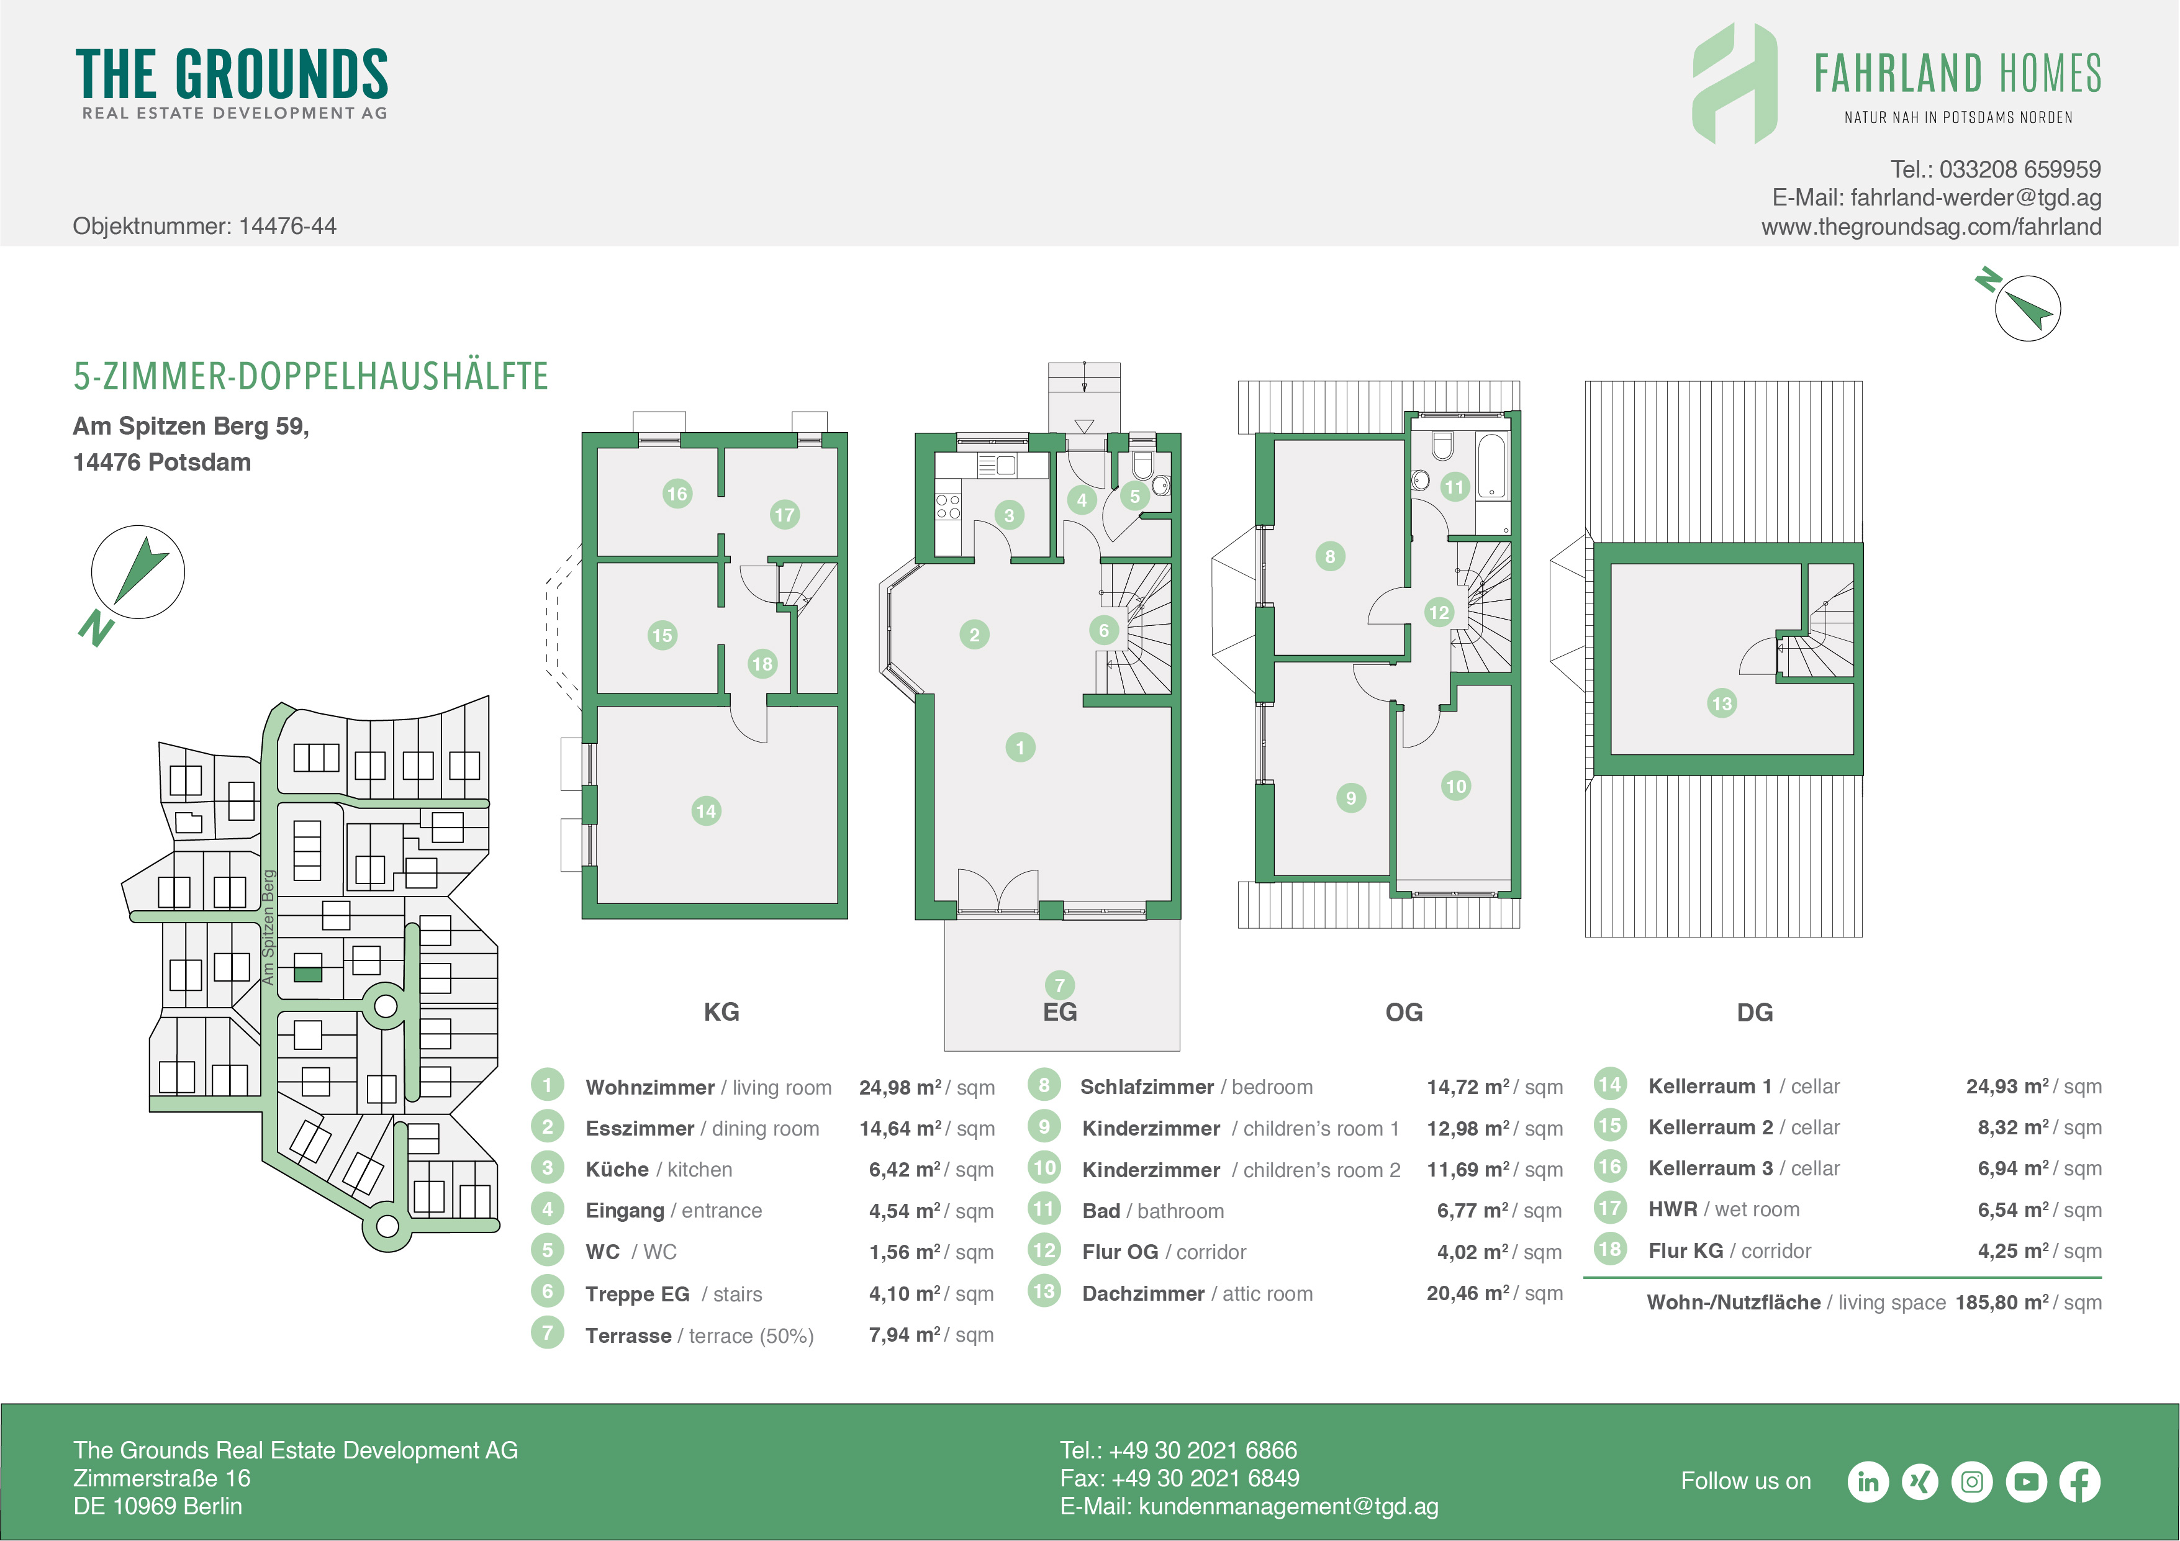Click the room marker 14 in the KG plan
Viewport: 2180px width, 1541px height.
[705, 811]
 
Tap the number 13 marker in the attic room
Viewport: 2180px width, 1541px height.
[1721, 703]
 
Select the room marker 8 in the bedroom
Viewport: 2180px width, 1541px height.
[1329, 556]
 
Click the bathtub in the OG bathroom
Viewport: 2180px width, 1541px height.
[1491, 466]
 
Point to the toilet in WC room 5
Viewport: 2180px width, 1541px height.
[1142, 464]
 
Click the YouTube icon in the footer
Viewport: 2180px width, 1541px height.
[2026, 1481]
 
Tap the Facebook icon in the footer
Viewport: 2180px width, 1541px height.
[2079, 1481]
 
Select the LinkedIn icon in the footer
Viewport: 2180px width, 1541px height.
[1868, 1481]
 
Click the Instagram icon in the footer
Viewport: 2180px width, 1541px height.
[1972, 1481]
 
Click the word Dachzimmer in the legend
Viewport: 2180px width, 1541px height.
[1143, 1293]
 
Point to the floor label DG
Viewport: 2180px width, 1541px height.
[1755, 1012]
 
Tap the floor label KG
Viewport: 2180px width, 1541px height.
[721, 1011]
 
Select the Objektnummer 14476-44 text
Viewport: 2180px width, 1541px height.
[204, 226]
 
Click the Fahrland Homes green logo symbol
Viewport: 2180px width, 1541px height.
[1735, 84]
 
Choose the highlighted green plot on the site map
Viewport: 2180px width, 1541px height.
[307, 973]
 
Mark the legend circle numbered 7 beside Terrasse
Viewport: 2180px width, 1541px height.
[547, 1332]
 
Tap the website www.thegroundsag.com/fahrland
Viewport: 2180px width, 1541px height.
[1931, 227]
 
